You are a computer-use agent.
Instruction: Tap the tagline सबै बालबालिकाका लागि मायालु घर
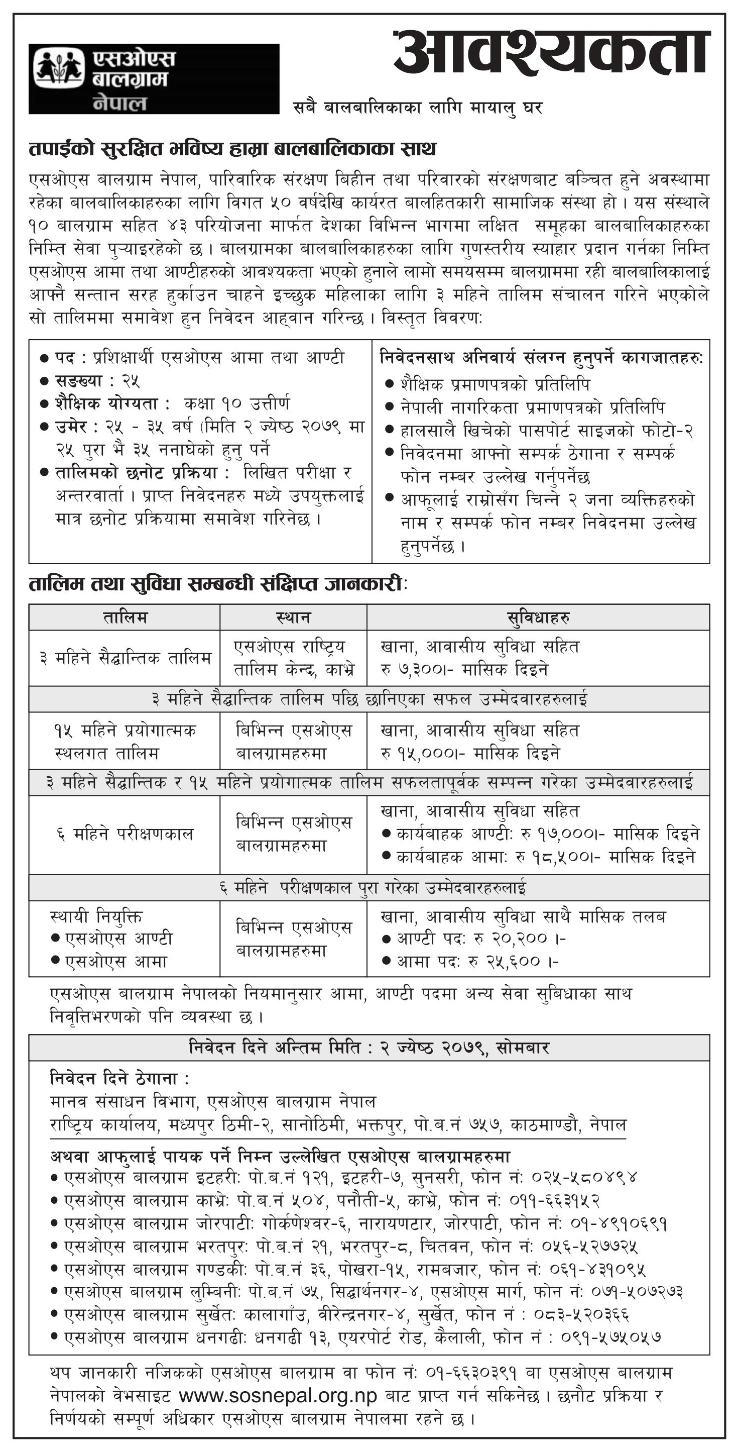click(418, 107)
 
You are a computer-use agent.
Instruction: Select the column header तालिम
click(125, 617)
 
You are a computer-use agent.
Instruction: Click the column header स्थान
click(293, 617)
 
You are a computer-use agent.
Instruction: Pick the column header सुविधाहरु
click(538, 617)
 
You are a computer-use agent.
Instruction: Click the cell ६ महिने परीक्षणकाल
click(125, 834)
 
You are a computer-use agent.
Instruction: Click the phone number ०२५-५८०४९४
click(583, 1176)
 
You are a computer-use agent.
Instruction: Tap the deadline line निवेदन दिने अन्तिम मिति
click(369, 1048)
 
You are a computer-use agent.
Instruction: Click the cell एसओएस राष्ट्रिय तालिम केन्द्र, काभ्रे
click(293, 658)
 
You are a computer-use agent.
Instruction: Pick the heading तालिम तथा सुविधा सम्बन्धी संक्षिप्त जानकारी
click(216, 584)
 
